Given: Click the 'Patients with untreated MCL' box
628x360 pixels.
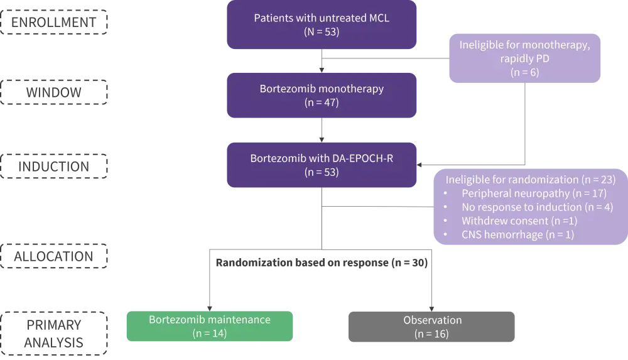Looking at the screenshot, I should tap(322, 25).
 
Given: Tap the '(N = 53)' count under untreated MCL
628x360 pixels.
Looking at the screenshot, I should tap(322, 32).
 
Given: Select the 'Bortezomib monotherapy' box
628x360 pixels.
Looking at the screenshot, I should tap(322, 95).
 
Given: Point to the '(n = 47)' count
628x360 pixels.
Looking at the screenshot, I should tap(322, 102).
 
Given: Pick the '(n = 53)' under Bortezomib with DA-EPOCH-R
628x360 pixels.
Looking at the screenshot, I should tap(322, 171).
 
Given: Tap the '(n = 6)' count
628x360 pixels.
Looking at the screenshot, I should tap(526, 74).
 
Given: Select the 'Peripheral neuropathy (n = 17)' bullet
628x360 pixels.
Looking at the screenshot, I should tap(533, 193).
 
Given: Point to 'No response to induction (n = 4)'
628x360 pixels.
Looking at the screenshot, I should tap(537, 207).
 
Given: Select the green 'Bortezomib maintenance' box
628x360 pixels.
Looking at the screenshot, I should tap(210, 325).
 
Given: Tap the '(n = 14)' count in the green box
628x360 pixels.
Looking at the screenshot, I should tap(210, 333).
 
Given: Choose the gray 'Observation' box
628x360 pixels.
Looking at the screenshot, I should tap(432, 325).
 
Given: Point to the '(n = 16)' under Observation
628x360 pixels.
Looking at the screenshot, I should tap(432, 334).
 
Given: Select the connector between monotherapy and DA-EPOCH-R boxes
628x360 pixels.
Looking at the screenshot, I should tap(323, 130).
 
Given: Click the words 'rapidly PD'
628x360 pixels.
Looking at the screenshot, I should tap(526, 59).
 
